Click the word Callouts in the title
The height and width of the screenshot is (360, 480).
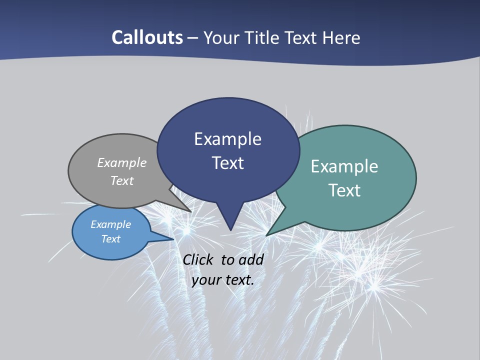tap(147, 37)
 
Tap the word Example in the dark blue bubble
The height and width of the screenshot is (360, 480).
tap(227, 139)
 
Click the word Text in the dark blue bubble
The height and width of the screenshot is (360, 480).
tap(227, 163)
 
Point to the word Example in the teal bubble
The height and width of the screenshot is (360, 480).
tap(344, 166)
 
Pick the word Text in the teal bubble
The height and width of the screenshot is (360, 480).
tap(344, 190)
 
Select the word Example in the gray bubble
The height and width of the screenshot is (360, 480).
tap(122, 163)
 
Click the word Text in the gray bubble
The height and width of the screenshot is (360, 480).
tap(122, 180)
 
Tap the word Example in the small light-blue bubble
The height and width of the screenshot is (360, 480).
tap(110, 224)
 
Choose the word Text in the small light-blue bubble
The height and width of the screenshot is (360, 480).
tap(110, 239)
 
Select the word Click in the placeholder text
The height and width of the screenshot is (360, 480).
tap(199, 259)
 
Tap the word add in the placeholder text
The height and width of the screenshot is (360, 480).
tap(251, 259)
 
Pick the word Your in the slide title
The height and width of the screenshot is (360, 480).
tap(221, 37)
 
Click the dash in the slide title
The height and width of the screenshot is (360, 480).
tap(193, 38)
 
